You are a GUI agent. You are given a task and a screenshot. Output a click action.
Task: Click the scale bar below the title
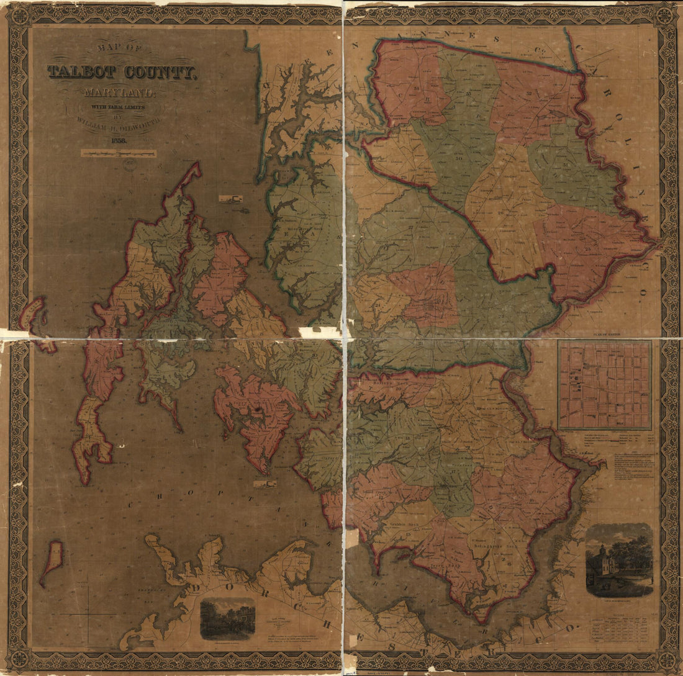pyautogui.click(x=118, y=153)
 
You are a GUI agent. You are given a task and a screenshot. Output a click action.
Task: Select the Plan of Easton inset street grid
pyautogui.click(x=604, y=385)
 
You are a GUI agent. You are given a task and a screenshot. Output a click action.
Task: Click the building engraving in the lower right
pyautogui.click(x=619, y=561)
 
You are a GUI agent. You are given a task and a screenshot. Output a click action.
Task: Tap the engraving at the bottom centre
pyautogui.click(x=227, y=618)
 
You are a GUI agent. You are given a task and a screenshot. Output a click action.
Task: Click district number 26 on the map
pyautogui.click(x=500, y=213)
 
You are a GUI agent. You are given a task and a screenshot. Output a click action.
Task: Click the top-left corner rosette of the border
pyautogui.click(x=19, y=16)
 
